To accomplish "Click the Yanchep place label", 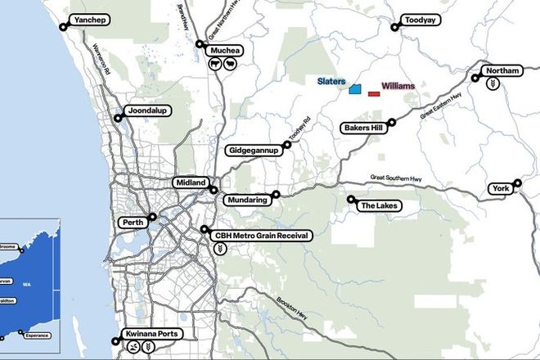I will click(90, 20).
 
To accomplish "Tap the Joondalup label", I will click(147, 111).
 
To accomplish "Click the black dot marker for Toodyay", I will click(394, 27).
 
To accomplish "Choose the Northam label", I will click(502, 71).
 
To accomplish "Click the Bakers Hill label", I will click(364, 128).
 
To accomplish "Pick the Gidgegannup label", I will click(254, 151).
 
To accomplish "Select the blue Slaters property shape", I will click(356, 88).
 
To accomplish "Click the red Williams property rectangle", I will click(374, 94).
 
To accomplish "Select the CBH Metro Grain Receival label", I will click(262, 236).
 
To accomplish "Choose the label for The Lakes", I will click(379, 205).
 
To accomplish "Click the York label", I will click(501, 189).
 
